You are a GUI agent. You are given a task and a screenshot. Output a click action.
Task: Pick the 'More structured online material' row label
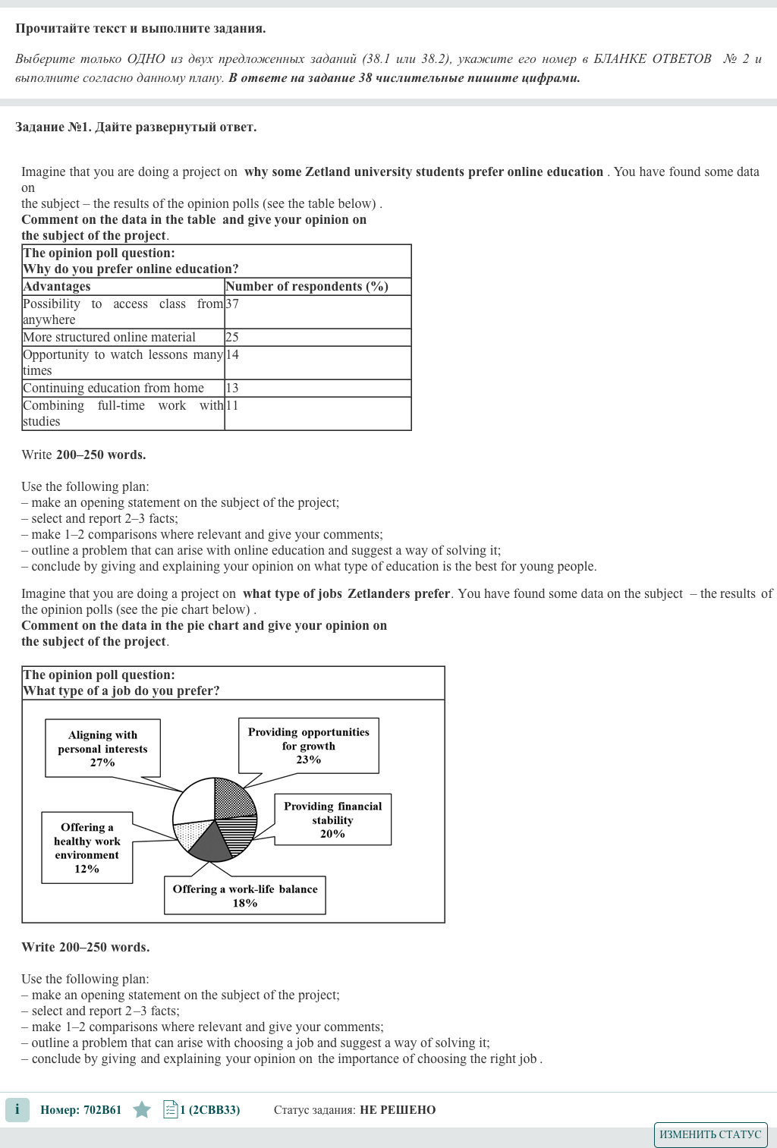click(x=109, y=338)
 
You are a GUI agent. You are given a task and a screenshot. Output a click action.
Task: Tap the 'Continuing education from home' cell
click(x=114, y=388)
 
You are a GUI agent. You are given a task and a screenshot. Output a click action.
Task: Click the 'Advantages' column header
click(x=57, y=287)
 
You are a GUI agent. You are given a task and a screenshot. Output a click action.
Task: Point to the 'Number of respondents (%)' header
click(x=307, y=287)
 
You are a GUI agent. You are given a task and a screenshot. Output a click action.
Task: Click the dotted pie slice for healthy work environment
click(x=190, y=835)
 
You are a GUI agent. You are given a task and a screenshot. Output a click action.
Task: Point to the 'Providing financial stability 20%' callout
click(x=332, y=819)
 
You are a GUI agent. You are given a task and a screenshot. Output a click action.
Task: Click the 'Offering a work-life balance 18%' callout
click(x=245, y=895)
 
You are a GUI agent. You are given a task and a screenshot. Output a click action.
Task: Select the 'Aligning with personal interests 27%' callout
click(x=102, y=748)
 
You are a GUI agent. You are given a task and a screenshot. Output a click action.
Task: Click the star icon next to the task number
click(x=142, y=1110)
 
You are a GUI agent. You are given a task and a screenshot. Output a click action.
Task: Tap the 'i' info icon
click(x=17, y=1109)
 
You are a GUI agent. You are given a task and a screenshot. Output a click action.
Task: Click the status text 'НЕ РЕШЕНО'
click(x=398, y=1110)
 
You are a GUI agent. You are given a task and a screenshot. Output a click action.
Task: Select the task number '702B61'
click(x=102, y=1110)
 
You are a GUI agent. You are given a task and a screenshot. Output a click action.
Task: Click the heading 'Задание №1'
click(x=52, y=127)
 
